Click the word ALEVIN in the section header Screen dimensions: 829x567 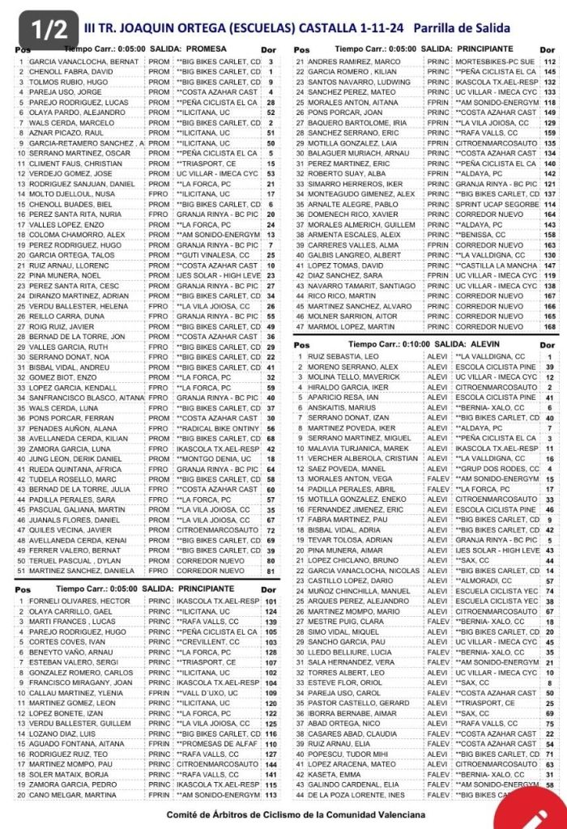coord(487,343)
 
